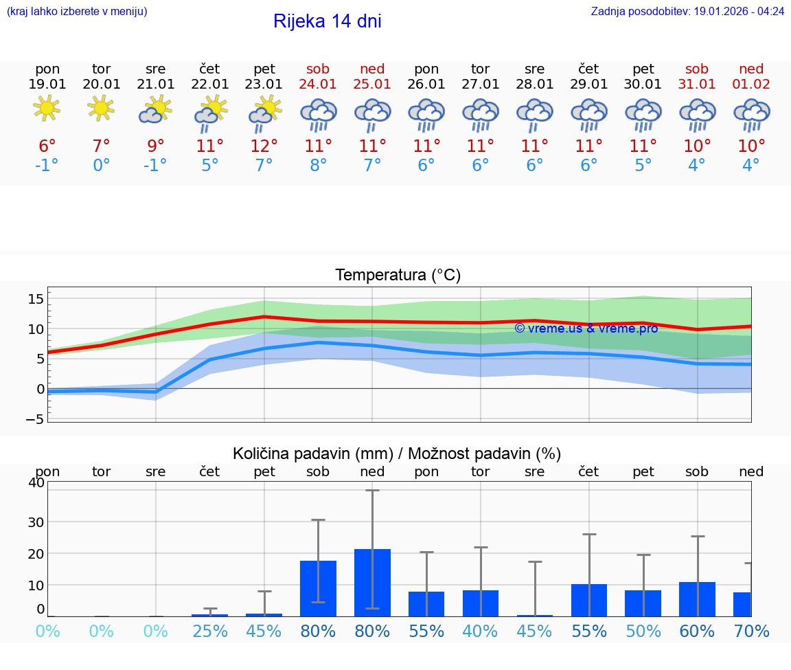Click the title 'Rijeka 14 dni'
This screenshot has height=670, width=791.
point(327,21)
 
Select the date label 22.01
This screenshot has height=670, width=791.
point(210,85)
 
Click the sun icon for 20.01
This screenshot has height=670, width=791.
point(102,109)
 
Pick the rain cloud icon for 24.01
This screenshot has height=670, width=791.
point(319,114)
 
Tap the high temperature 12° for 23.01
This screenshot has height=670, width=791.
point(264,146)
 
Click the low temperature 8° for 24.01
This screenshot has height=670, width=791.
point(319,166)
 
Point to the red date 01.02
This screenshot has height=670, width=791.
point(751,85)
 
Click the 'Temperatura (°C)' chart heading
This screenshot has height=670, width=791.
point(398,276)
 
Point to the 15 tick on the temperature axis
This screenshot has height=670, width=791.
point(36,299)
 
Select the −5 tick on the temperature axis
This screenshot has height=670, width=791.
point(36,418)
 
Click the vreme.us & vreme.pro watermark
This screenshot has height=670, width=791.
point(586,328)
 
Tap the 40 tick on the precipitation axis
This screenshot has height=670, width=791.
point(36,482)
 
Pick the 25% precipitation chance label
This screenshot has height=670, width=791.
point(210,632)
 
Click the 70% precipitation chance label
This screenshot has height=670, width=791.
point(751,632)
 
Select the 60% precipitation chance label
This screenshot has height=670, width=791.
point(697,632)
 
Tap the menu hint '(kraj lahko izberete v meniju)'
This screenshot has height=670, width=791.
point(77,12)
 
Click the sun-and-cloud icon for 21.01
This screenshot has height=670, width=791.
point(156,109)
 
